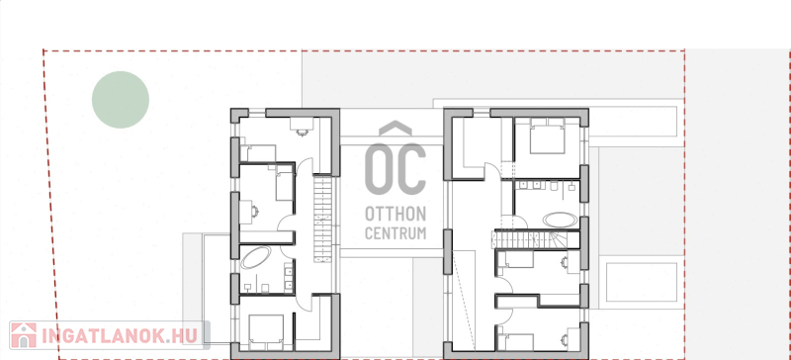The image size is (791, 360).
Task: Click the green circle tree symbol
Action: pyautogui.click(x=121, y=100)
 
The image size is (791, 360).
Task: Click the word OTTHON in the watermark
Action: pyautogui.click(x=395, y=214)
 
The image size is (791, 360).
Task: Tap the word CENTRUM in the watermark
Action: pyautogui.click(x=395, y=233)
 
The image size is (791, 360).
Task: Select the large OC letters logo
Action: pyautogui.click(x=395, y=169)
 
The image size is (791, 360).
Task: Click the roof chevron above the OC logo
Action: pyautogui.click(x=395, y=129)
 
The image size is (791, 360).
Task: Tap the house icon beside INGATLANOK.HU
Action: pyautogui.click(x=23, y=335)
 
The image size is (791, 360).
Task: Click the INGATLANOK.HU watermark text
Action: pyautogui.click(x=120, y=336)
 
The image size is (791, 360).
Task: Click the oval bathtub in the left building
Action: pyautogui.click(x=256, y=257)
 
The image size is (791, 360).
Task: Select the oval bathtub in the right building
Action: pyautogui.click(x=560, y=220)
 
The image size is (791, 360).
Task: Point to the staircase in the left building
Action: pyautogui.click(x=323, y=219)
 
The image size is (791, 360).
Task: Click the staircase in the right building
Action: pyautogui.click(x=535, y=239)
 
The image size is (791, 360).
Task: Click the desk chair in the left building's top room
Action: pyautogui.click(x=303, y=133)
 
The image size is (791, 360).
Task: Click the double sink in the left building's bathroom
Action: pyautogui.click(x=289, y=277)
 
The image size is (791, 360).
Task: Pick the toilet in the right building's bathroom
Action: pyautogui.click(x=555, y=187)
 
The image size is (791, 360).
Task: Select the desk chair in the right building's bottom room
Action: pyautogui.click(x=564, y=341)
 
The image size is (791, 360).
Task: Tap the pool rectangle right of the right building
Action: pyautogui.click(x=641, y=282)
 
